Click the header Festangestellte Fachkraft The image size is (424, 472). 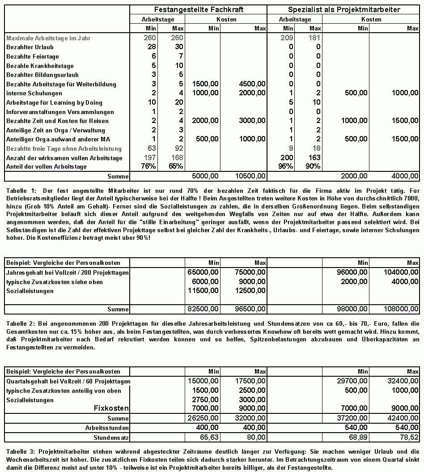199,9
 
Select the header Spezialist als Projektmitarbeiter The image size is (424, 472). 344,9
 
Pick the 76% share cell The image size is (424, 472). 148,166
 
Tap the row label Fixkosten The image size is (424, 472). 111,408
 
